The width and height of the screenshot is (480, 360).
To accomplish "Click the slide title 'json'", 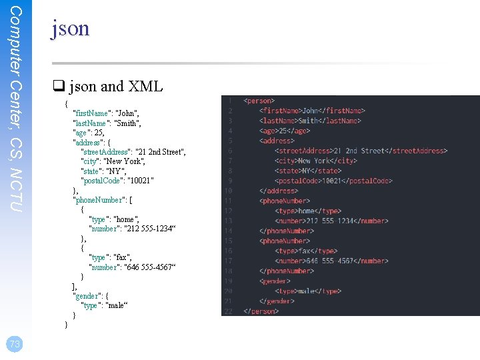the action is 70,29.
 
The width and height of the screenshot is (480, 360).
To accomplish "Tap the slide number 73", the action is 15,344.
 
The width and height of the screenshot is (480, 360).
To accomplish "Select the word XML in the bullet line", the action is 145,87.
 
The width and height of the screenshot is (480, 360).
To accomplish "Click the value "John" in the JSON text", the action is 127,113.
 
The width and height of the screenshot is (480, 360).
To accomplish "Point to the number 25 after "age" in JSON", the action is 99,133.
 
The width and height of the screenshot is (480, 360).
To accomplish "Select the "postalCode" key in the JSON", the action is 101,181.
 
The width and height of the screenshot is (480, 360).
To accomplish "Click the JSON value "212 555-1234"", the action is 149,229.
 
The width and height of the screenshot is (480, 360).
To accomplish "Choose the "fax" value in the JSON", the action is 123,257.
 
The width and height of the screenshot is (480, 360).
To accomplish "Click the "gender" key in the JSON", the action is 87,296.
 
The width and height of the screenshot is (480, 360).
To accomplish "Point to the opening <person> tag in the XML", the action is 259,101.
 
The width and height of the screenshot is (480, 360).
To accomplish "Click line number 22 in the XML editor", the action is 228,311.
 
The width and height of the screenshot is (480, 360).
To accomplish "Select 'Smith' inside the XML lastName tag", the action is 309,121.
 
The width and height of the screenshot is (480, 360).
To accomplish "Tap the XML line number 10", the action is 228,191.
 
